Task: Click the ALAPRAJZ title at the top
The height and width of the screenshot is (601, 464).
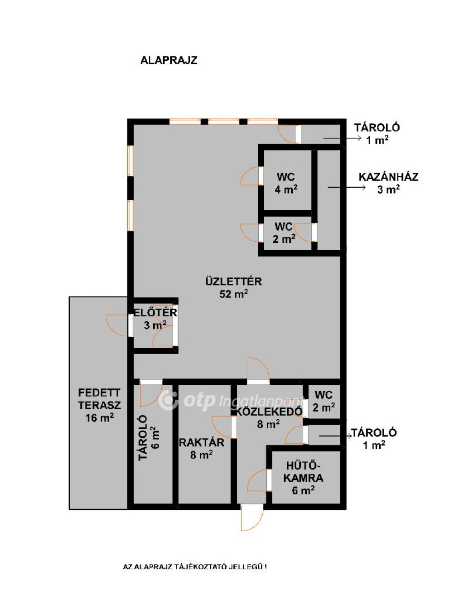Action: [169, 60]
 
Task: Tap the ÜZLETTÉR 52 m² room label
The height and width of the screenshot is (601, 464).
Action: [233, 288]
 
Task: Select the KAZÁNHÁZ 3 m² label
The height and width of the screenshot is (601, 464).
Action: [388, 183]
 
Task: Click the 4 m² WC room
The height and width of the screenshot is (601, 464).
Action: [286, 183]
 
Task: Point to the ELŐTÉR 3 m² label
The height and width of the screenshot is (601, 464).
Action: [155, 319]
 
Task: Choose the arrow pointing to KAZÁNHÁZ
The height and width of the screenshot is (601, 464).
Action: [347, 188]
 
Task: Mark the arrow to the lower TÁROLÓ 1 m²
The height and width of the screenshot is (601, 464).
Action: [335, 436]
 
